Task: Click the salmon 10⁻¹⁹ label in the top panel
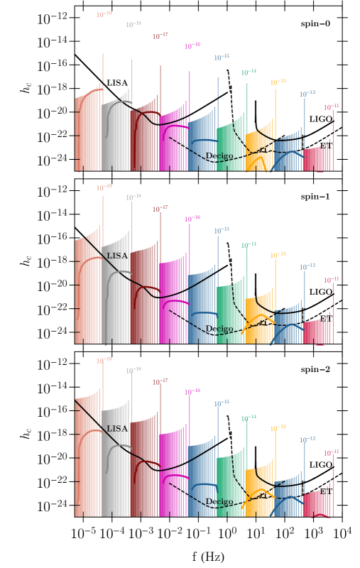coord(104,14)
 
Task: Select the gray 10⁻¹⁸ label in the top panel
coord(133,24)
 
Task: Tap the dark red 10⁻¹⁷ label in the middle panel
coord(160,209)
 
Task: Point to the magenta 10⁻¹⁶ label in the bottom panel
coord(192,392)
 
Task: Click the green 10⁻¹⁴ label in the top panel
coord(249,72)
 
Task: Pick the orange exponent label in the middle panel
coord(278,255)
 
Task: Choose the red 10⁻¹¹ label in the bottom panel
coord(331,453)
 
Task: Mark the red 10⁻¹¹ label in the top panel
coord(331,107)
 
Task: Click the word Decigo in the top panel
coord(219,156)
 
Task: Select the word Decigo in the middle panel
coord(219,329)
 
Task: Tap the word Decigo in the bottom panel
coord(219,502)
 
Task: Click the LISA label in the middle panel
coord(117,256)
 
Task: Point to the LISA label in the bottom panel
coord(117,429)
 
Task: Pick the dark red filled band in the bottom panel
coord(142,469)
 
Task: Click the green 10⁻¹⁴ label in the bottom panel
coord(249,418)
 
